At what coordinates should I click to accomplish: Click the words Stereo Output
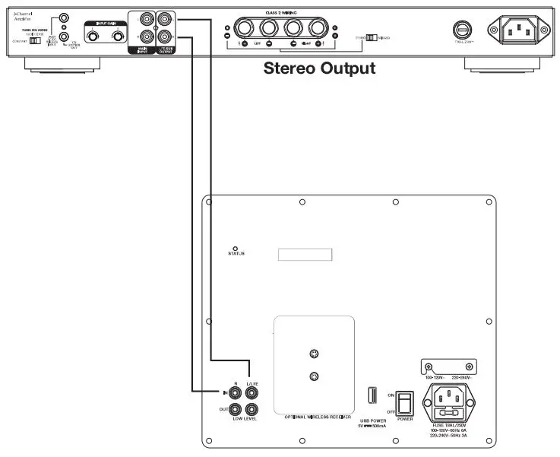tap(319, 68)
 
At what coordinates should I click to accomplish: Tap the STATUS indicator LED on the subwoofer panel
tap(236, 249)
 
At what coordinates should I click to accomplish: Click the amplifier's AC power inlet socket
tap(519, 30)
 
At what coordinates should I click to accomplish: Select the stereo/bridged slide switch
tap(371, 36)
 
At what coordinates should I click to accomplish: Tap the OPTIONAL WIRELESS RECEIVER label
tap(313, 418)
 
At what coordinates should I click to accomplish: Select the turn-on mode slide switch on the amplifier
tap(35, 40)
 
